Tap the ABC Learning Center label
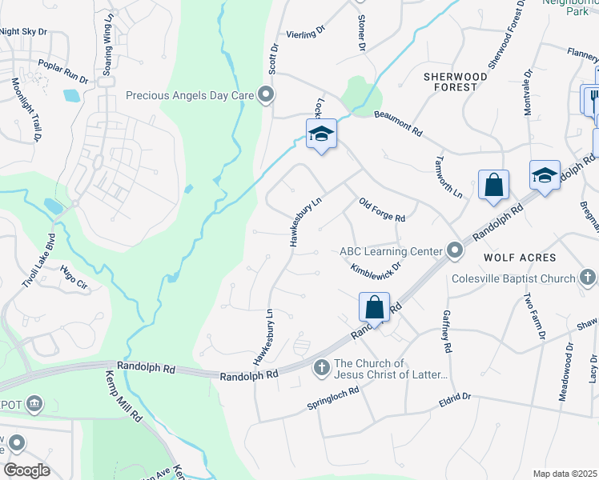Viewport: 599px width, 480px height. (390, 251)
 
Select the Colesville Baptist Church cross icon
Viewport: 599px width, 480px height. (588, 278)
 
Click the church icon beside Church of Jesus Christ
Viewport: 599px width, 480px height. (321, 368)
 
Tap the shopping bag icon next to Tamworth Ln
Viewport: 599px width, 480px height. (493, 185)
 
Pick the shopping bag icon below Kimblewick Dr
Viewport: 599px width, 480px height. (374, 306)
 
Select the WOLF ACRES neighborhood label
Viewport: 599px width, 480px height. (520, 258)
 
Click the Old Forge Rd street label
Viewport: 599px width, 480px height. (382, 210)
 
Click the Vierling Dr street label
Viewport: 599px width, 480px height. (306, 33)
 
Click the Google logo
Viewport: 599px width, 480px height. (26, 470)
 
